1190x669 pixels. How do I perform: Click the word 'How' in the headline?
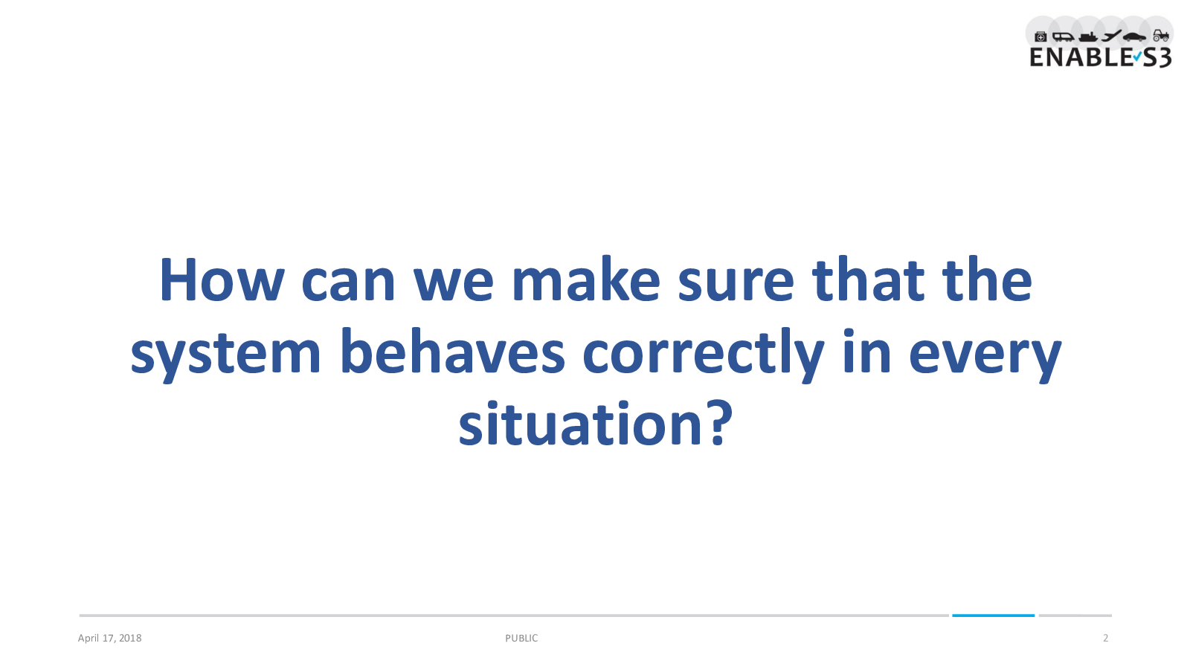(222, 280)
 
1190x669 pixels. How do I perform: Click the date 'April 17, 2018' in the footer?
(109, 639)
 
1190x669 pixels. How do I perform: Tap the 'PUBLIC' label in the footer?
(521, 639)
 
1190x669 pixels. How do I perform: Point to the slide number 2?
(1105, 639)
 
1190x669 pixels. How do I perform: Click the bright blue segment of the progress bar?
(994, 615)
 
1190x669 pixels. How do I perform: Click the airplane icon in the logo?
(1111, 36)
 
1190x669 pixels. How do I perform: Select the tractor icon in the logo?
(1161, 36)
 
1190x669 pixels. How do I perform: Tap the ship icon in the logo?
(1089, 36)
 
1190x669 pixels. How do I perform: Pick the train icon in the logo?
(1063, 36)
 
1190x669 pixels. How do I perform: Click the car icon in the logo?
(1135, 36)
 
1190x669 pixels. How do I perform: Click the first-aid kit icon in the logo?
(1041, 36)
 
